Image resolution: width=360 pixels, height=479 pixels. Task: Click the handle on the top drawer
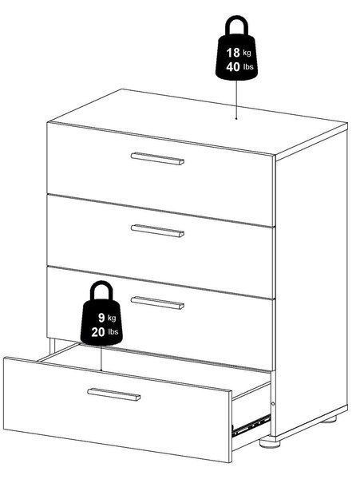coord(157,159)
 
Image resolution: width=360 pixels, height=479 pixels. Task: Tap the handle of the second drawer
coord(157,231)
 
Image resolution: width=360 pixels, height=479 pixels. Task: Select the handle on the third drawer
coord(157,303)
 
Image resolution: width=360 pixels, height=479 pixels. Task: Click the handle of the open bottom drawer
coord(113,394)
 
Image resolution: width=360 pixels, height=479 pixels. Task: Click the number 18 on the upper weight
coord(233,53)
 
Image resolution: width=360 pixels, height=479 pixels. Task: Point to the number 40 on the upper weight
coord(233,67)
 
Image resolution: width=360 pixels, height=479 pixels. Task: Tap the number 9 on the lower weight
coord(101,318)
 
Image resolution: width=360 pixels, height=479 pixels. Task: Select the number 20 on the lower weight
coord(98,332)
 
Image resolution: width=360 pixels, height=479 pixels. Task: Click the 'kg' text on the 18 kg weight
coord(247,53)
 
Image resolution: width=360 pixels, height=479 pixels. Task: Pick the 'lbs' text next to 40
coord(248,66)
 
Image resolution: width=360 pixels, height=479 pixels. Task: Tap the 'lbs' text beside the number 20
coord(113,332)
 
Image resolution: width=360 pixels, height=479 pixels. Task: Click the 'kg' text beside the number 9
coord(112,318)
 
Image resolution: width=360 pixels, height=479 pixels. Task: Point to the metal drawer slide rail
coord(251,425)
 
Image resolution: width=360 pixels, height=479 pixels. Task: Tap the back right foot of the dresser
coord(329,419)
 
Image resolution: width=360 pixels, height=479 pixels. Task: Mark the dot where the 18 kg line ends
coord(236,118)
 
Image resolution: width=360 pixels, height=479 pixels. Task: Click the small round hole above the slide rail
coord(273,404)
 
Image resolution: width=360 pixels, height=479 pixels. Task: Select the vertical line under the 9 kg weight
coord(101,358)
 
